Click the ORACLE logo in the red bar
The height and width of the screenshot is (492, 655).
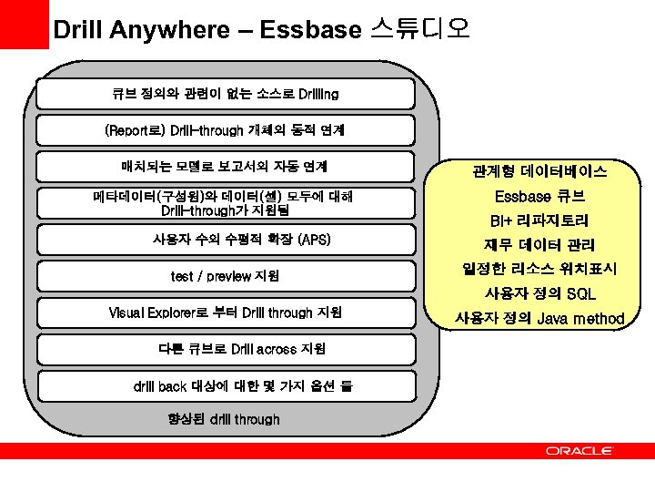coord(579,450)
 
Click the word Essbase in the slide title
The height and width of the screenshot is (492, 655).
coord(309,29)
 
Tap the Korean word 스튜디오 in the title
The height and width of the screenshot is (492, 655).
coord(420,29)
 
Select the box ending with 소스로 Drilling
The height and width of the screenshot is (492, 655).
coord(225,94)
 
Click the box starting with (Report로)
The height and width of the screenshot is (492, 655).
coord(225,130)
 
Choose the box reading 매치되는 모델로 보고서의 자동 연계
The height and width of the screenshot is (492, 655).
coord(225,167)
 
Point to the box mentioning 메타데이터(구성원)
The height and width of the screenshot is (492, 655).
coord(225,203)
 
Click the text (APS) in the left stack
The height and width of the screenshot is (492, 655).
coord(315,240)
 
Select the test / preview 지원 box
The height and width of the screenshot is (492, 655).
coord(225,276)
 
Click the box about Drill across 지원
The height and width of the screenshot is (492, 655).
coord(225,349)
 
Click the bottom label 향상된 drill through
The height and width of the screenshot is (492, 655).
coord(224,419)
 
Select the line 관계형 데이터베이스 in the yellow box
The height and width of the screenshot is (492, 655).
coord(539,171)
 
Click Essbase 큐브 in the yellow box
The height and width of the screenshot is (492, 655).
coord(539,196)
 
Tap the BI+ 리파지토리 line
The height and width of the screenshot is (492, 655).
coord(539,220)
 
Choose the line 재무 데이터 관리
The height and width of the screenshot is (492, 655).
coord(539,244)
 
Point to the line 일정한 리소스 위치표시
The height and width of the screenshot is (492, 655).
coord(539,269)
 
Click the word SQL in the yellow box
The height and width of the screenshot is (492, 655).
coord(580,293)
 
